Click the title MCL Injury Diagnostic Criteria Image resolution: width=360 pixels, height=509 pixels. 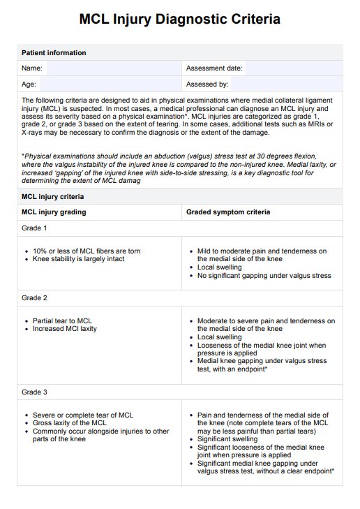[180, 20]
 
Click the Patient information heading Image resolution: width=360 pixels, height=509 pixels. [54, 53]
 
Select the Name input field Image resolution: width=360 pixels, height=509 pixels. [112, 68]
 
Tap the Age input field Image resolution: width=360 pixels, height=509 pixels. [112, 84]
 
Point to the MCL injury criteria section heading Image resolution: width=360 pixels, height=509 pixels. [52, 197]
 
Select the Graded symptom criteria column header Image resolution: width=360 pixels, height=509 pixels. [228, 212]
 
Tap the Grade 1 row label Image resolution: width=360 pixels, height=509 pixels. [34, 228]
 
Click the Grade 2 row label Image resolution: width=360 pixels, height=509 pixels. [34, 298]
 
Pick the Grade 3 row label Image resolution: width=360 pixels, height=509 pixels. [34, 392]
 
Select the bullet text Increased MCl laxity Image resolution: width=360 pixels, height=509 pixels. [65, 329]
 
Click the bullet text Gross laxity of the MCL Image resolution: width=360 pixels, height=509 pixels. [70, 423]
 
